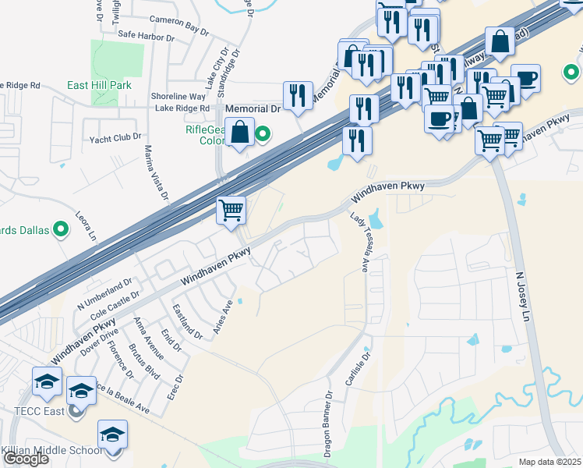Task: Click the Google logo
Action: pos(26,459)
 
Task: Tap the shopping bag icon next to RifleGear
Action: pos(240,132)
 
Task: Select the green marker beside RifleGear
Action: pos(263,133)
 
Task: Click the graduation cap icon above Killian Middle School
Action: pos(112,434)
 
